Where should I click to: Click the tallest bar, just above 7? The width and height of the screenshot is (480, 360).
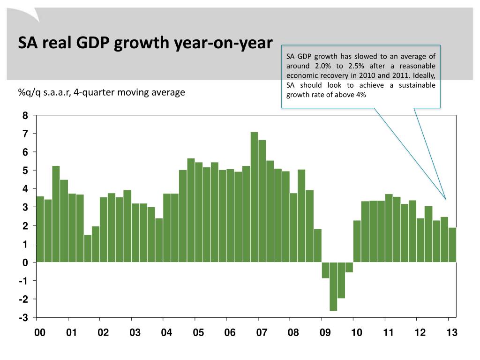tap(254, 197)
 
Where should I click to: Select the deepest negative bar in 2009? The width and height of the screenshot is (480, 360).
tap(333, 286)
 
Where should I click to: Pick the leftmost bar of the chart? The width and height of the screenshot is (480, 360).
tap(40, 229)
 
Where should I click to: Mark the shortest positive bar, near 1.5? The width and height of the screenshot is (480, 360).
tap(88, 248)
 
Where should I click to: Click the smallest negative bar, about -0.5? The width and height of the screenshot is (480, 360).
tap(349, 267)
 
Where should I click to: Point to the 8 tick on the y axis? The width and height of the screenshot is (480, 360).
tap(25, 116)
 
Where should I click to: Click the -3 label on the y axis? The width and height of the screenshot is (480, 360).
tap(24, 318)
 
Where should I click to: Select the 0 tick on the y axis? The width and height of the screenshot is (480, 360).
tap(25, 262)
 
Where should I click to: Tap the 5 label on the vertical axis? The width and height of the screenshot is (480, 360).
tap(25, 171)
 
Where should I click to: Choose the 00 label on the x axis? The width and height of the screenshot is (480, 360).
tap(40, 333)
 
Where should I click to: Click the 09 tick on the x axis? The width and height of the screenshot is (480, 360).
tap(325, 333)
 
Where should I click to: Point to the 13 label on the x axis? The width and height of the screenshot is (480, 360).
tap(451, 333)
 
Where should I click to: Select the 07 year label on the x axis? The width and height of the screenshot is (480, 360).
tap(262, 333)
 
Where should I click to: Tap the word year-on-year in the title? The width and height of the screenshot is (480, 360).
tap(223, 43)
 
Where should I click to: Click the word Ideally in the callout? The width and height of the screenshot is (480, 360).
tap(424, 75)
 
